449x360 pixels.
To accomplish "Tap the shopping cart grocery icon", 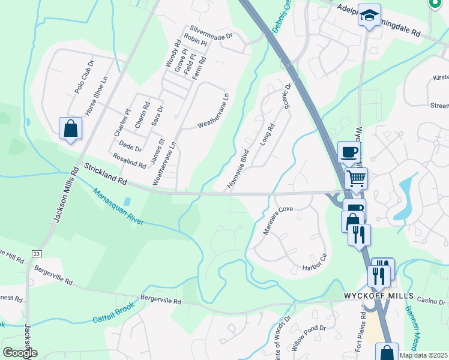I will coord(357,177).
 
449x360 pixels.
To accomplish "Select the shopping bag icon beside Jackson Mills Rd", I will coord(70,128).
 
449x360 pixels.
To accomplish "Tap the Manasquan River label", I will coord(118,206).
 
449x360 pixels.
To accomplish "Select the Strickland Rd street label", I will coord(106,173).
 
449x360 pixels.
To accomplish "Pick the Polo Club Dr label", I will coord(85,76).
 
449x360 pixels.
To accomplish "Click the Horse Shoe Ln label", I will coord(95,95).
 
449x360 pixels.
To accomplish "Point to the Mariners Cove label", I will coord(277,220).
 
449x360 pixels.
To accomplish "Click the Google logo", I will coord(20,353).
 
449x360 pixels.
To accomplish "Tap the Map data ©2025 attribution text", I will coord(423,355).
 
